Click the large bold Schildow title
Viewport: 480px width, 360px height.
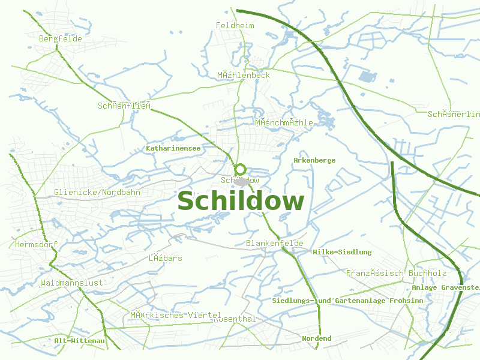[241, 202]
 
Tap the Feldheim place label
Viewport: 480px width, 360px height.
[235, 25]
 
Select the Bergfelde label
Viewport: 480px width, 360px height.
[60, 38]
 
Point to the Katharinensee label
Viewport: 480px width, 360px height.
[173, 148]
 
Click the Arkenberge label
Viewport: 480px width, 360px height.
[314, 160]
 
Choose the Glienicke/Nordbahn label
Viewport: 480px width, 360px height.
[97, 192]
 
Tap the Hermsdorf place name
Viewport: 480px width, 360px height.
[35, 245]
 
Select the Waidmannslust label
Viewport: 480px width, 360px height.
[71, 282]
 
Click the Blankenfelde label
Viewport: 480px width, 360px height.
[275, 243]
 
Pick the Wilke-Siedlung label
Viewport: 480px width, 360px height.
[342, 252]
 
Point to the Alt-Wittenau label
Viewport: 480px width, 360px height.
[79, 341]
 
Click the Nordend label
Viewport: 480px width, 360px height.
[316, 338]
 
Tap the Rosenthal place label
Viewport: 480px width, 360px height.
[235, 319]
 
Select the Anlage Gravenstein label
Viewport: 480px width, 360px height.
[446, 287]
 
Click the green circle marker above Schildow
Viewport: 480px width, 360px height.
[241, 170]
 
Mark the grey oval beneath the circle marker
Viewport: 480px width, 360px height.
[242, 181]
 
